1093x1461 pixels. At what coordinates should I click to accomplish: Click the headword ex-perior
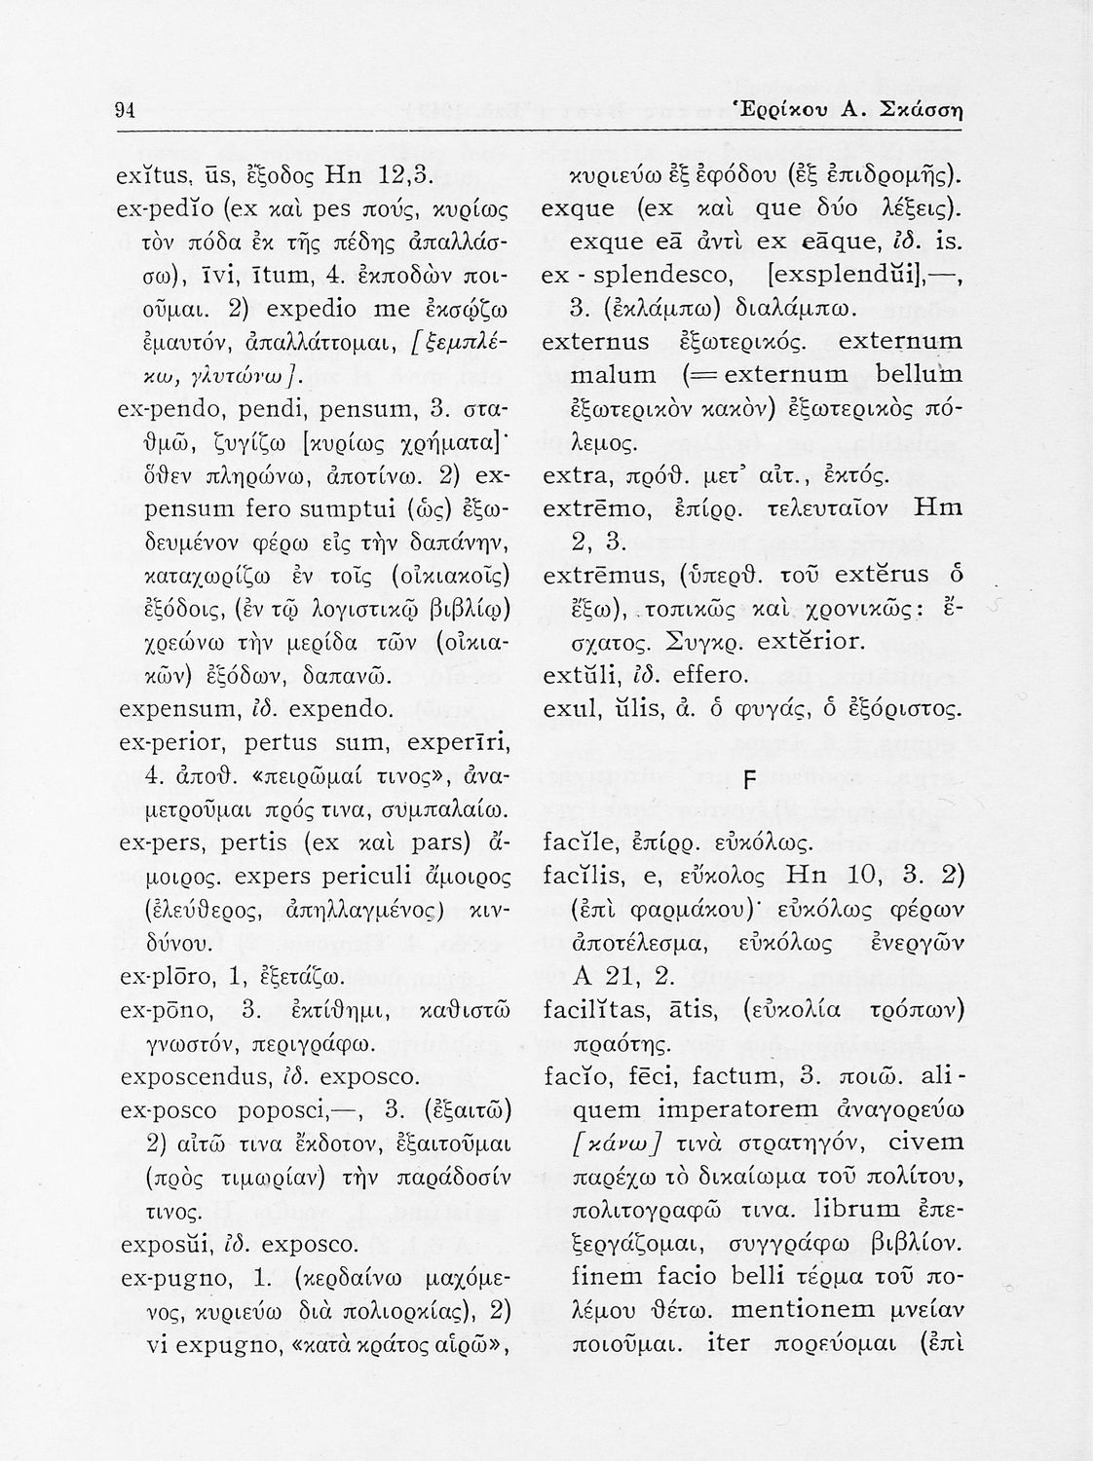171,745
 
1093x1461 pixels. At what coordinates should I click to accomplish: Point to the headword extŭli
579,674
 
